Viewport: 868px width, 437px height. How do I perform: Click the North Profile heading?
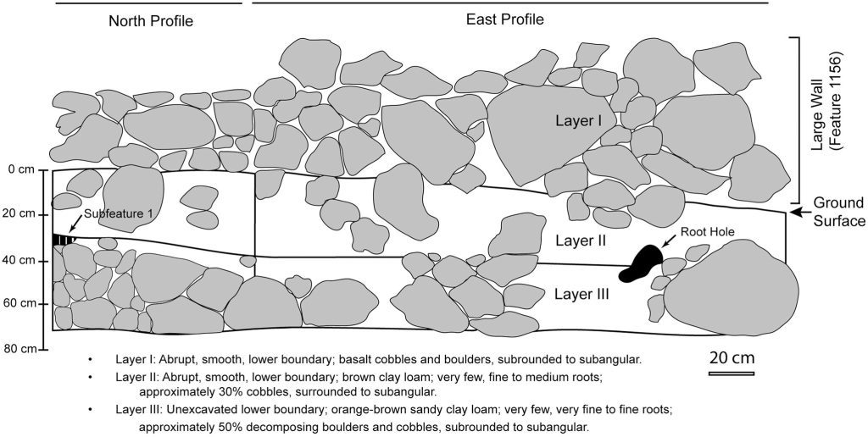click(x=151, y=21)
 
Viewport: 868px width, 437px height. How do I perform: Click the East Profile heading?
click(x=505, y=19)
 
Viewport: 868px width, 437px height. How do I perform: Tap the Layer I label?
click(x=578, y=121)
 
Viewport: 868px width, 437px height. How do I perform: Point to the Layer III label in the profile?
click(x=581, y=294)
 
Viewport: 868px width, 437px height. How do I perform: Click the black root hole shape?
click(x=641, y=263)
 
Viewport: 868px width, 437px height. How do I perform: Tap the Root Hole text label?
click(x=708, y=232)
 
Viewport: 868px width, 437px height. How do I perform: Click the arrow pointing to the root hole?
click(x=669, y=241)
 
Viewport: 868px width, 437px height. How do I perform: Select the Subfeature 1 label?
click(x=118, y=214)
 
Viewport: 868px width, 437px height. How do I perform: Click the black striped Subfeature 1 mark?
click(x=63, y=240)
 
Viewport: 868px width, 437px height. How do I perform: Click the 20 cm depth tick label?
click(x=19, y=214)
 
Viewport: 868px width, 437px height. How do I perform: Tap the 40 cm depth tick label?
click(x=19, y=260)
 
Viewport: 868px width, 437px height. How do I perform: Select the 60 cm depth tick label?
click(x=19, y=304)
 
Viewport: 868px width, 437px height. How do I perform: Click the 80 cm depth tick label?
click(x=19, y=349)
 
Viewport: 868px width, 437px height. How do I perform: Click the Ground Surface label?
click(x=838, y=212)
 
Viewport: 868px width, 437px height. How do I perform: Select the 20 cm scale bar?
click(x=732, y=373)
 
